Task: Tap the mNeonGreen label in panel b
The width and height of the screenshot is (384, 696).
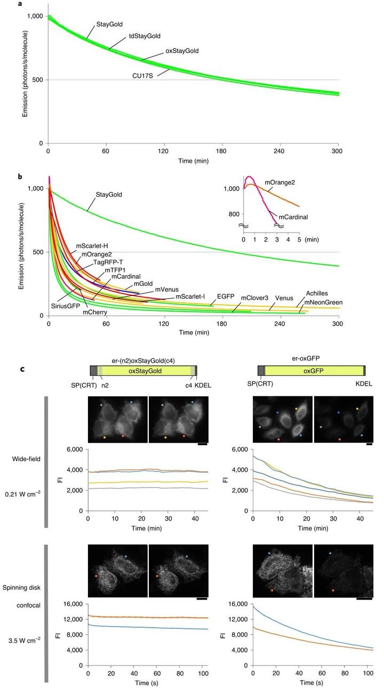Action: pyautogui.click(x=323, y=302)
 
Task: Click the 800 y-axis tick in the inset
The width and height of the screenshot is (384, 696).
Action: pyautogui.click(x=231, y=214)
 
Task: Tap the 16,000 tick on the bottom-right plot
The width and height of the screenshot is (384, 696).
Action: pyautogui.click(x=241, y=604)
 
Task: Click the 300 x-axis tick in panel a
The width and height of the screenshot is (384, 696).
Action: pyautogui.click(x=338, y=151)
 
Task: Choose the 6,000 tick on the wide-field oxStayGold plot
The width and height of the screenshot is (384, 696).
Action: pyautogui.click(x=73, y=450)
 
